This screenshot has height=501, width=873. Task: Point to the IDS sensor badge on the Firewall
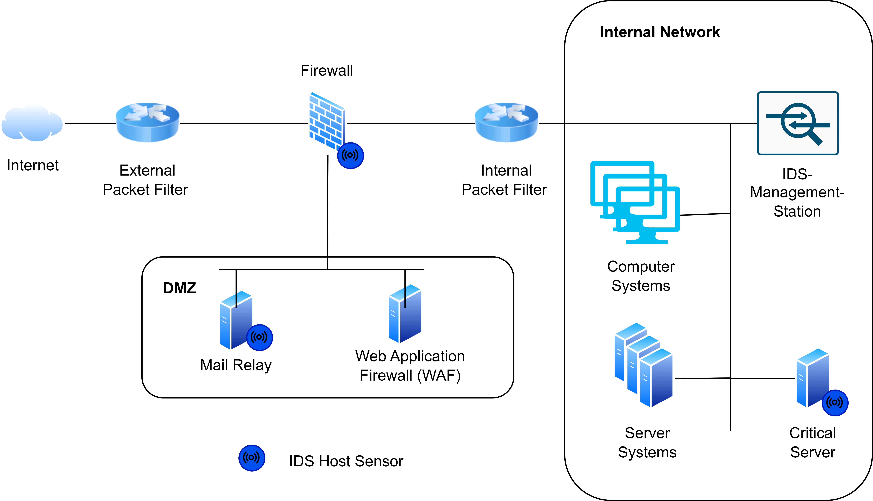pyautogui.click(x=350, y=156)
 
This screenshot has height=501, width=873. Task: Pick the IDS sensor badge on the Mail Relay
pyautogui.click(x=260, y=337)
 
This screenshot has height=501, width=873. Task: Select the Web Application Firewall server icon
pyautogui.click(x=405, y=314)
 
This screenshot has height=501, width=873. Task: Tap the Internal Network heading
pyautogui.click(x=660, y=32)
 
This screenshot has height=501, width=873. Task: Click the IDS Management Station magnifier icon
pyautogui.click(x=798, y=123)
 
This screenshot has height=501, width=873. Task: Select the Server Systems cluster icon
pyautogui.click(x=643, y=365)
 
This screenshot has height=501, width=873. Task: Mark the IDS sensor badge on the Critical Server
pyautogui.click(x=835, y=403)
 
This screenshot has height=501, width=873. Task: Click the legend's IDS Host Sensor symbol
pyautogui.click(x=252, y=458)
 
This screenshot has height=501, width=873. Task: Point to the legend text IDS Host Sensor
pyautogui.click(x=346, y=461)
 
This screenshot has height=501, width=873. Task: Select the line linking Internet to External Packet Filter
pyautogui.click(x=90, y=123)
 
